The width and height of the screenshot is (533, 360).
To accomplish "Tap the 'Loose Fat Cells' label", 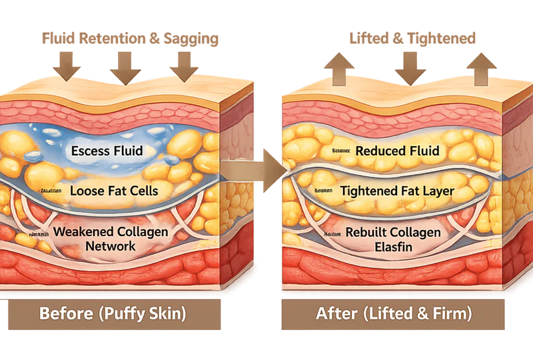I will tap(114, 191).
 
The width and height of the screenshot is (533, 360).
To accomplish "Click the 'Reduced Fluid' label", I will tap(397, 151).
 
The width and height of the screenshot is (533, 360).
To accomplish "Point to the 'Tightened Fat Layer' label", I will tap(397, 191).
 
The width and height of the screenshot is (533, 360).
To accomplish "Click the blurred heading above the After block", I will tap(413, 39).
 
